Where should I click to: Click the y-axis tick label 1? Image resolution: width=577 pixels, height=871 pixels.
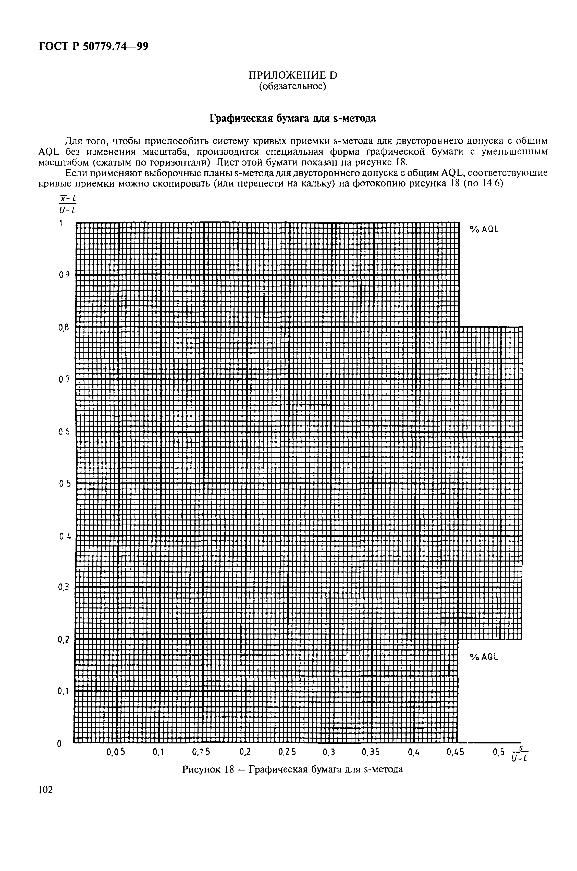point(61,223)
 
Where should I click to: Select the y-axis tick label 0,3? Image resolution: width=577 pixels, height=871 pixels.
point(64,587)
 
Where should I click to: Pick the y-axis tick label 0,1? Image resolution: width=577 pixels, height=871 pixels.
point(63,691)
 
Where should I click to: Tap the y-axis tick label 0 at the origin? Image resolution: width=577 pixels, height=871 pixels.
point(59,744)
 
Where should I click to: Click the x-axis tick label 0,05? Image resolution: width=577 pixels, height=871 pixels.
point(116,753)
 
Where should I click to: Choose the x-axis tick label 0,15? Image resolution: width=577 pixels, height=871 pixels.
point(201,753)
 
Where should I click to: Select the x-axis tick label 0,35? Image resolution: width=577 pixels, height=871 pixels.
point(370,753)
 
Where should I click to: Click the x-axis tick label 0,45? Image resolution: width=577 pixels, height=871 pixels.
point(455,753)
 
